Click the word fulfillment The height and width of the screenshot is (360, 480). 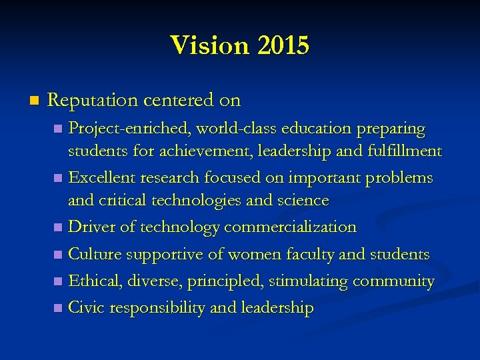(x=404, y=151)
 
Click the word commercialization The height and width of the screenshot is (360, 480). (x=291, y=227)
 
